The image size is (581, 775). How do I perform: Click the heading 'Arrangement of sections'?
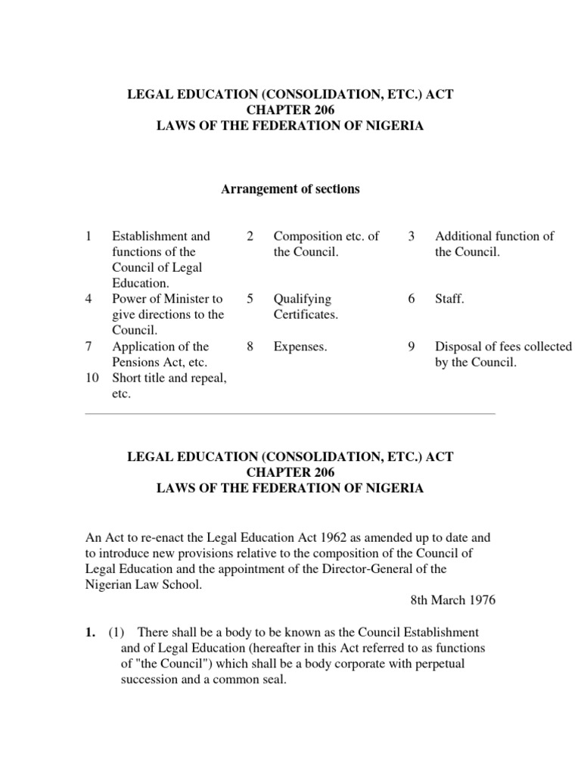pyautogui.click(x=290, y=189)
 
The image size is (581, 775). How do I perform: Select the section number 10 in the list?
pyautogui.click(x=92, y=378)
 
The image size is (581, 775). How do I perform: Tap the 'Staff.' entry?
pyautogui.click(x=449, y=299)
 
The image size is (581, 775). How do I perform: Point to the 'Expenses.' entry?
pyautogui.click(x=300, y=347)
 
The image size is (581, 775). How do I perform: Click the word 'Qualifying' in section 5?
pyautogui.click(x=303, y=299)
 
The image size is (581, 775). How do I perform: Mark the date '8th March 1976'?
pyautogui.click(x=453, y=600)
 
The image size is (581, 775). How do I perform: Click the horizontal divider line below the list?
pyautogui.click(x=290, y=414)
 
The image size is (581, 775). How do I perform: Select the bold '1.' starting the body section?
pyautogui.click(x=89, y=632)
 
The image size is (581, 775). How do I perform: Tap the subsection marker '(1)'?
pyautogui.click(x=117, y=632)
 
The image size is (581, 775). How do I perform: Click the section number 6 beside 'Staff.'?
pyautogui.click(x=412, y=299)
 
